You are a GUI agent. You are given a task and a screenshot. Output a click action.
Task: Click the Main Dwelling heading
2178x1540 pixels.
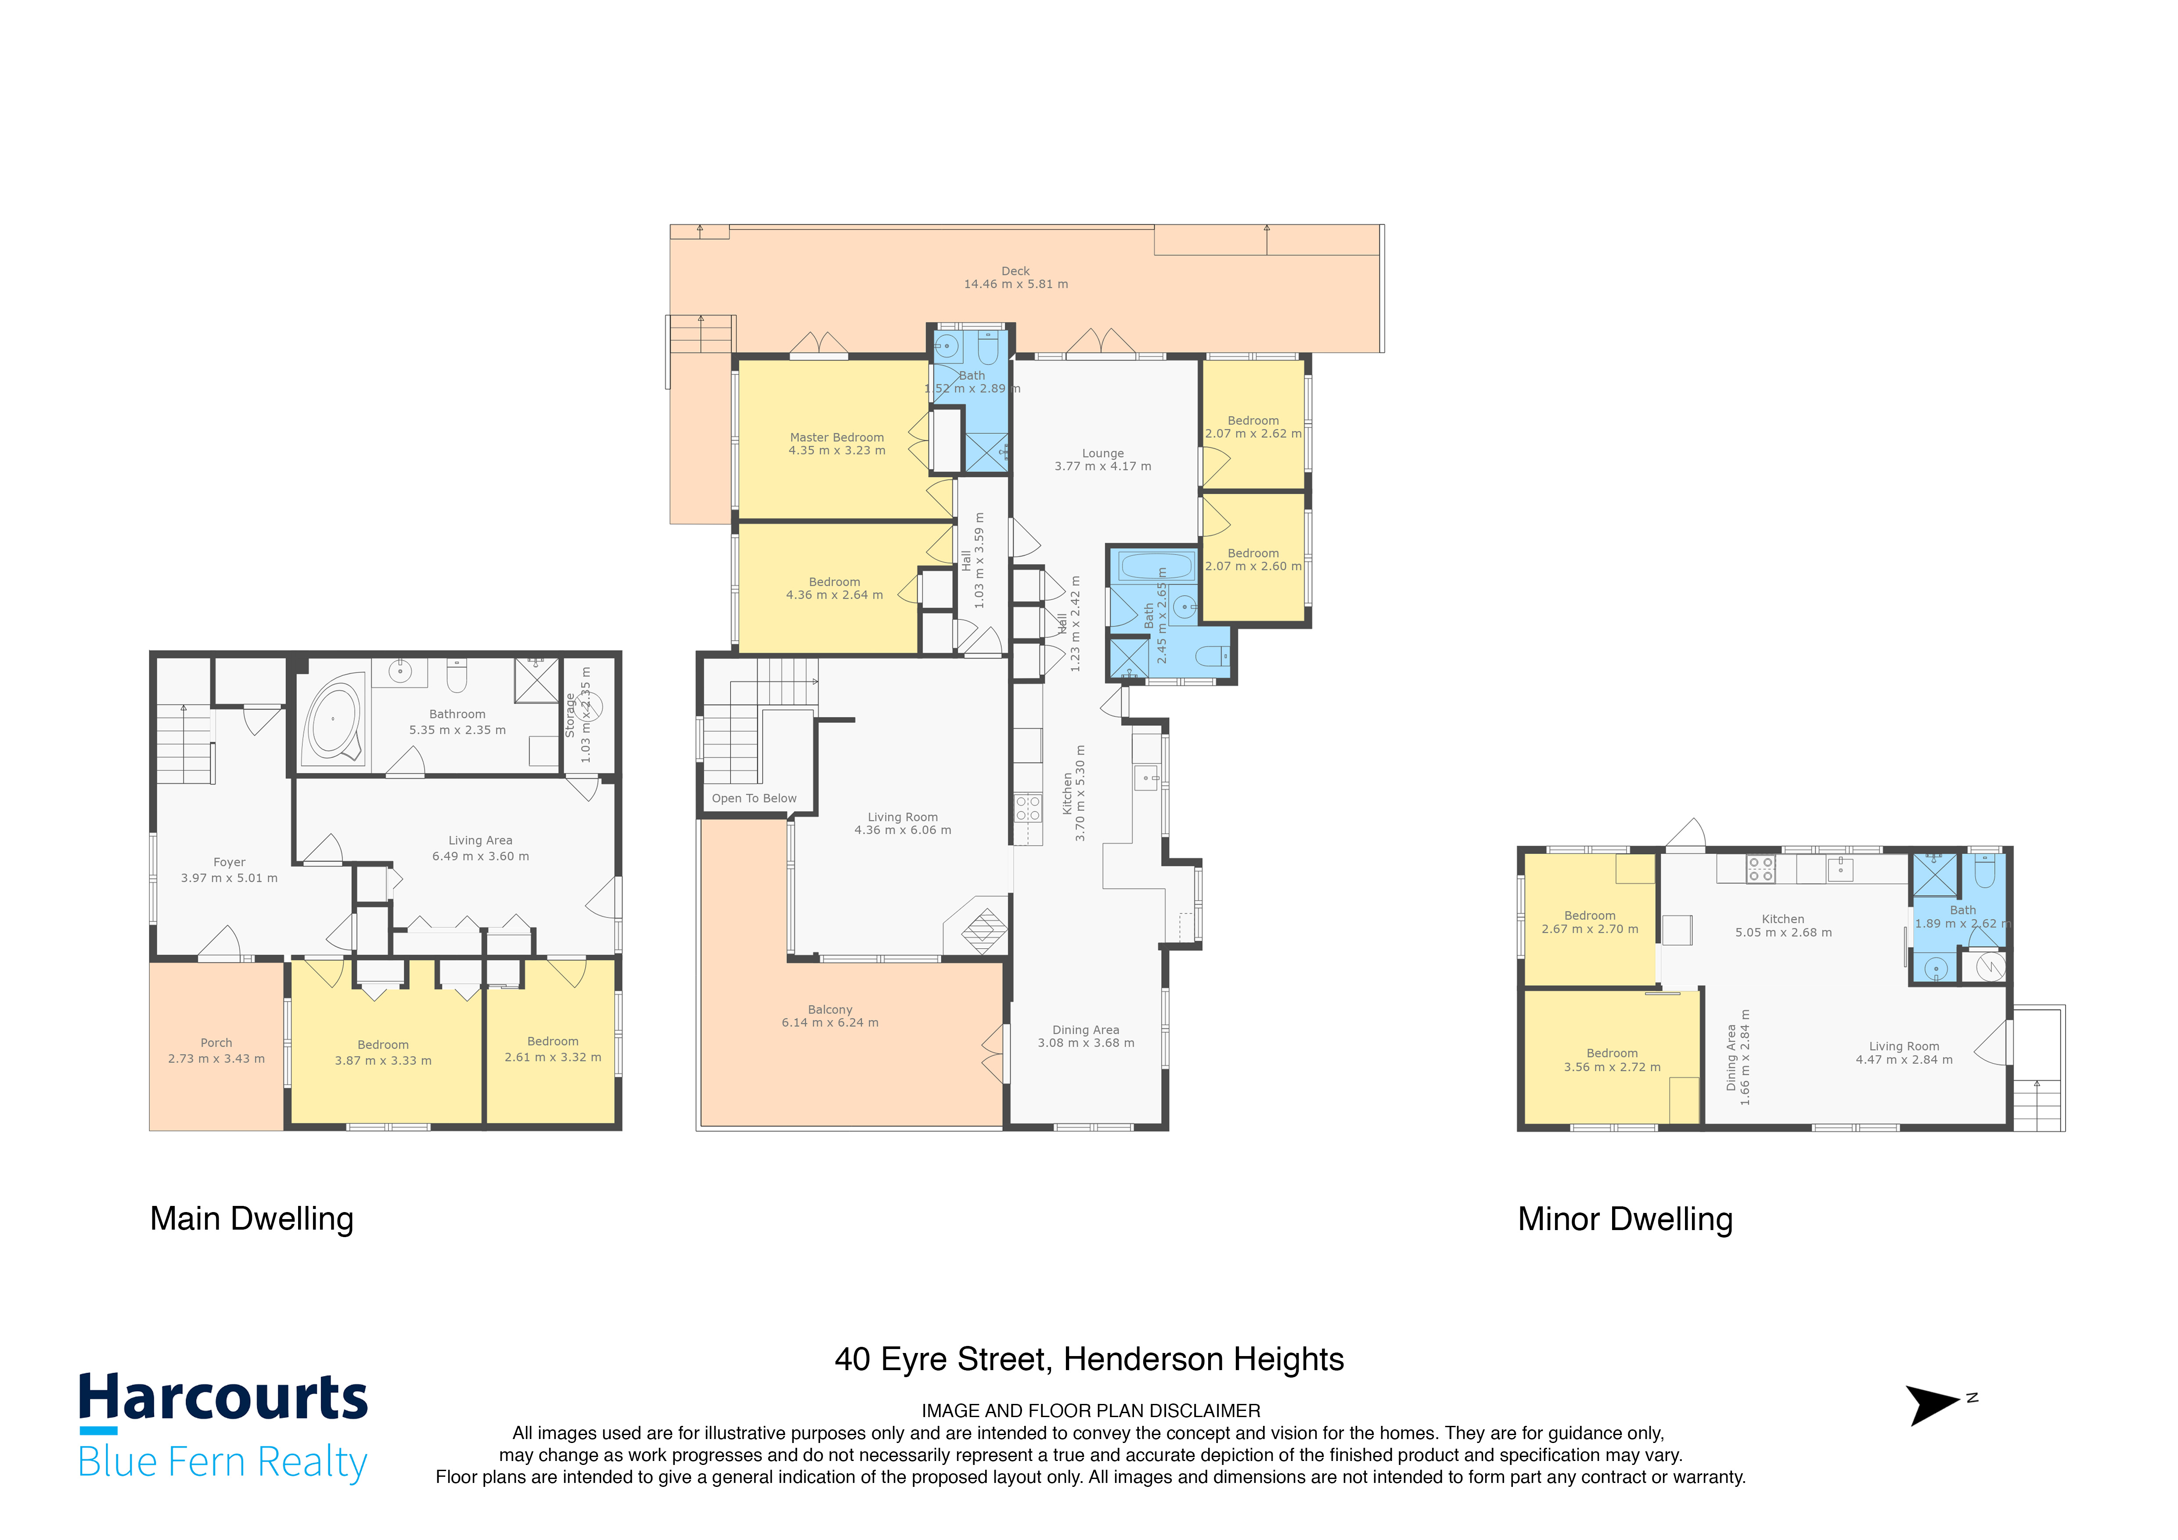252,1219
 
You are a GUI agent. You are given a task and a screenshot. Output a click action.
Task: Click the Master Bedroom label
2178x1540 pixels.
837,437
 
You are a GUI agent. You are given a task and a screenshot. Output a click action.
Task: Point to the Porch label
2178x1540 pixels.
216,1042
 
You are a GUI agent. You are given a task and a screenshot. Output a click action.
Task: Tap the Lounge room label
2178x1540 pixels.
1102,453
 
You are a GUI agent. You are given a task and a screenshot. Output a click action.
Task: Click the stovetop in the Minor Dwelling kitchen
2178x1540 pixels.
1760,869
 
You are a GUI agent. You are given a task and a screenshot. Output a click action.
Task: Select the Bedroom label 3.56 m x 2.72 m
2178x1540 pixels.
1612,1060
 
